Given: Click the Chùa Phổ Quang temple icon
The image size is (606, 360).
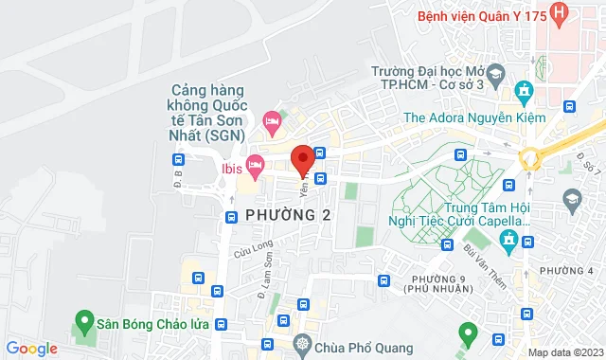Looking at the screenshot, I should pyautogui.click(x=303, y=342).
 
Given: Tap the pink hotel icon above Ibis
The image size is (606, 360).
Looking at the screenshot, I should pyautogui.click(x=272, y=121).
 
